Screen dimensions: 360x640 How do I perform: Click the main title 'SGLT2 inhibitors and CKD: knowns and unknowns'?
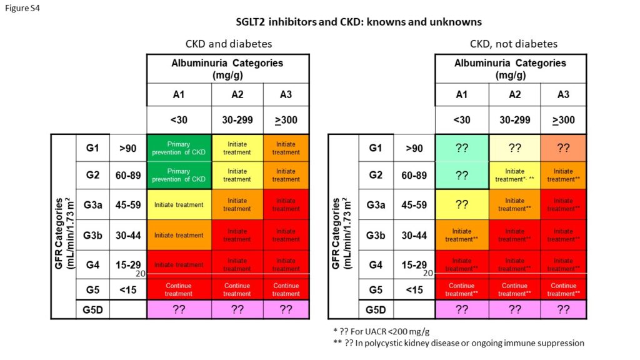click(x=358, y=22)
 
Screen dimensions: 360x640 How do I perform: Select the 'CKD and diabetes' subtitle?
click(x=228, y=44)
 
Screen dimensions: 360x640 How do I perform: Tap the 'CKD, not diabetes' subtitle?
click(x=513, y=44)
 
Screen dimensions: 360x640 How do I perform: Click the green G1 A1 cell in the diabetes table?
click(x=179, y=148)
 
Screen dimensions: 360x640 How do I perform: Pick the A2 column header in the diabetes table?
click(x=237, y=94)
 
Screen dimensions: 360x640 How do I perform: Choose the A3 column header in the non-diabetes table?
click(x=563, y=94)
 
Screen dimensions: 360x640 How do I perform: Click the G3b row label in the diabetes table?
click(x=92, y=235)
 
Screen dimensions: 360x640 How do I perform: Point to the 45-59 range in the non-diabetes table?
click(x=414, y=204)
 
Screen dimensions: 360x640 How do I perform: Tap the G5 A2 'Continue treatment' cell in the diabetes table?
click(x=237, y=290)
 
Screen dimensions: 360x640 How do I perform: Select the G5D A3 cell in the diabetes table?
click(x=286, y=309)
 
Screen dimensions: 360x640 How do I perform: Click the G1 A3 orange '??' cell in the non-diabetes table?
click(x=563, y=148)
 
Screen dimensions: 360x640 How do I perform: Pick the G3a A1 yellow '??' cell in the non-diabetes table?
click(x=462, y=204)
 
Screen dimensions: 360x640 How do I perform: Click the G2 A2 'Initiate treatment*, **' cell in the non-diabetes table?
click(x=515, y=175)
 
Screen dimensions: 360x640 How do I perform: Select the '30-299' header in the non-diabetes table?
click(x=515, y=120)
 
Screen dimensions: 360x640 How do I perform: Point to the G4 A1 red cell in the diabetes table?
click(x=179, y=264)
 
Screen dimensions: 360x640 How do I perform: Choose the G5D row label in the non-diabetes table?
click(x=376, y=309)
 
